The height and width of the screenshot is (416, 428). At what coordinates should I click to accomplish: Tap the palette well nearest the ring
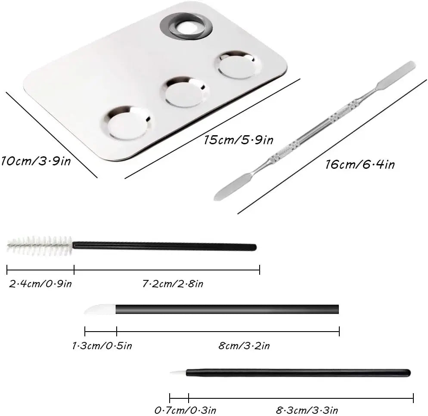coord(238,65)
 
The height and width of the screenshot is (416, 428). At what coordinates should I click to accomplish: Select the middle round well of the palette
coord(185,92)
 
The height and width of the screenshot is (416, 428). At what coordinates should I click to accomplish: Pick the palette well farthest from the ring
coord(127,123)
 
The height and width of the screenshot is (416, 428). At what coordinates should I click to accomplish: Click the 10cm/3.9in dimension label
coord(36,161)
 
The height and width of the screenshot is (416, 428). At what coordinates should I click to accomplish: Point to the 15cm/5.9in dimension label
coord(238,140)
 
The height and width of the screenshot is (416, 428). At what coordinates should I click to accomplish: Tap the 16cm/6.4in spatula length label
coord(360,165)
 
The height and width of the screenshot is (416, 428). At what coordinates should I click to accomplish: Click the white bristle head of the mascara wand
coord(40,246)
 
